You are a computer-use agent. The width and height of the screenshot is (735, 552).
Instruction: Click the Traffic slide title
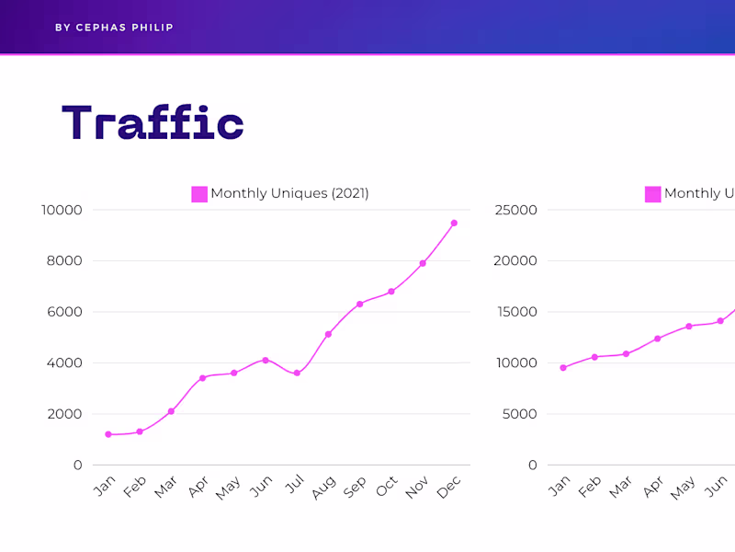pos(153,123)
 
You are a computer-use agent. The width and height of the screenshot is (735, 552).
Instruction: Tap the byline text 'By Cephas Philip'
pos(114,28)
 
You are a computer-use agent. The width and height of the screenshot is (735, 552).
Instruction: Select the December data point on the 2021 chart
pos(454,223)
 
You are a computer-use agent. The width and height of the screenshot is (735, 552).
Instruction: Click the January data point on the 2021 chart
pos(108,434)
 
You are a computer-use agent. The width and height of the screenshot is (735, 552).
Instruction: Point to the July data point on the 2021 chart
pos(297,374)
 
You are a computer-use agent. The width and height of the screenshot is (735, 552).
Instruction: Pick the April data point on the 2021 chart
pos(202,378)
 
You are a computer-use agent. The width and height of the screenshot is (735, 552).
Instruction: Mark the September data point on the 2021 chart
pos(359,304)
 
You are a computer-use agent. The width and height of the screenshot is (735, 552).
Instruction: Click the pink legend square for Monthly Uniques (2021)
pos(199,194)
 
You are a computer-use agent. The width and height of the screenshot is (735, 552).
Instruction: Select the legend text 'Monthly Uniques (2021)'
pos(289,193)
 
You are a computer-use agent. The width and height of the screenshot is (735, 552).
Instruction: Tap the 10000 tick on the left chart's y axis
pos(62,210)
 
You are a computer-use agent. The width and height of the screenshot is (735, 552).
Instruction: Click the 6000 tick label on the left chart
pos(65,312)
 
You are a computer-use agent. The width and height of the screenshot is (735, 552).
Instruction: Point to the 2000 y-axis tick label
pos(65,414)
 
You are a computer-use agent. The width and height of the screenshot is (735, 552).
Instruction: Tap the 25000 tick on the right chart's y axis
pos(515,210)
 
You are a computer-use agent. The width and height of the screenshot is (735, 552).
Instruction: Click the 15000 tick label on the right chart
pos(515,312)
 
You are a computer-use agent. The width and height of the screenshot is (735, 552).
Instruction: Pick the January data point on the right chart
pos(563,368)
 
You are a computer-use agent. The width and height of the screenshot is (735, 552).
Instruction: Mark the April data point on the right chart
pos(658,339)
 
